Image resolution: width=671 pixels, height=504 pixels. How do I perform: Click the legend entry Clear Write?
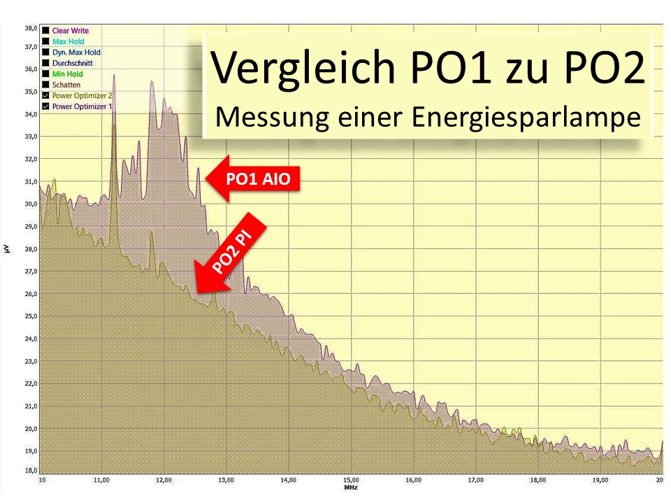[70, 31]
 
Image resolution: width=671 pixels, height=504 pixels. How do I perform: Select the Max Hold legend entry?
[68, 41]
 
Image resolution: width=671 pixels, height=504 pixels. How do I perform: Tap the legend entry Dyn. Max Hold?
[75, 52]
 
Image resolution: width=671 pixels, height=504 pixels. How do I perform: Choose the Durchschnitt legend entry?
[71, 63]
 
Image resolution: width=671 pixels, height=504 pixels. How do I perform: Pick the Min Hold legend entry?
[67, 73]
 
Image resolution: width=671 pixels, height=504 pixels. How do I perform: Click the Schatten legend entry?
[66, 85]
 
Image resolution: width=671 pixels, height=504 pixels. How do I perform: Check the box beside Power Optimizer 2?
[46, 95]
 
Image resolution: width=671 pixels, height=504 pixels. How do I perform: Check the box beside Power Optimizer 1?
[46, 106]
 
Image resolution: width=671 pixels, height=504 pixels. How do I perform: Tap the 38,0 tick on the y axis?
[30, 29]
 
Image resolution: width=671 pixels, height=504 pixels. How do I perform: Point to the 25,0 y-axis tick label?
[30, 316]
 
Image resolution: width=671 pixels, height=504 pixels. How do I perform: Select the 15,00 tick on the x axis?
[351, 480]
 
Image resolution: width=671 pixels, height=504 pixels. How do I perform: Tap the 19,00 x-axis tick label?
[600, 480]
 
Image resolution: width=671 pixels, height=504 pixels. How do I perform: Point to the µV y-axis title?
[6, 249]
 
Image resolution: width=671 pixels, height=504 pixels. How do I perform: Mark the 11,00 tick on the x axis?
[102, 480]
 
